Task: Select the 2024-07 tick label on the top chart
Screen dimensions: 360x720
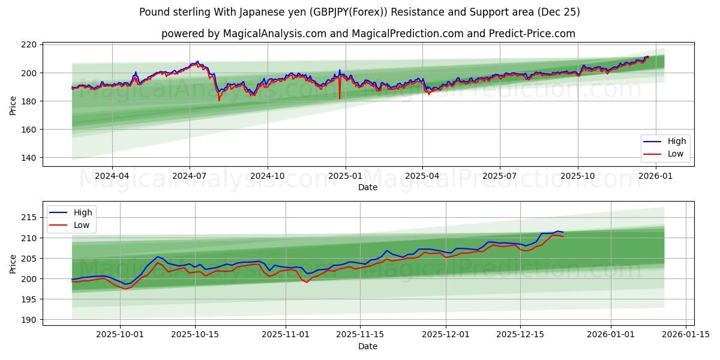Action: point(190,176)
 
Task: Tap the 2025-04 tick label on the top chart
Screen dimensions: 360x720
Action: point(422,176)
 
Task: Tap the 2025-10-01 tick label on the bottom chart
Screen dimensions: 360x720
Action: point(120,335)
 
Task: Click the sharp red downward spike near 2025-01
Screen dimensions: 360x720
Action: point(340,98)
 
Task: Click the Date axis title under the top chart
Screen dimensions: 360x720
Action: point(368,187)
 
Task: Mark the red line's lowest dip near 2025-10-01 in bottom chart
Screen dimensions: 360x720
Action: point(126,289)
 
